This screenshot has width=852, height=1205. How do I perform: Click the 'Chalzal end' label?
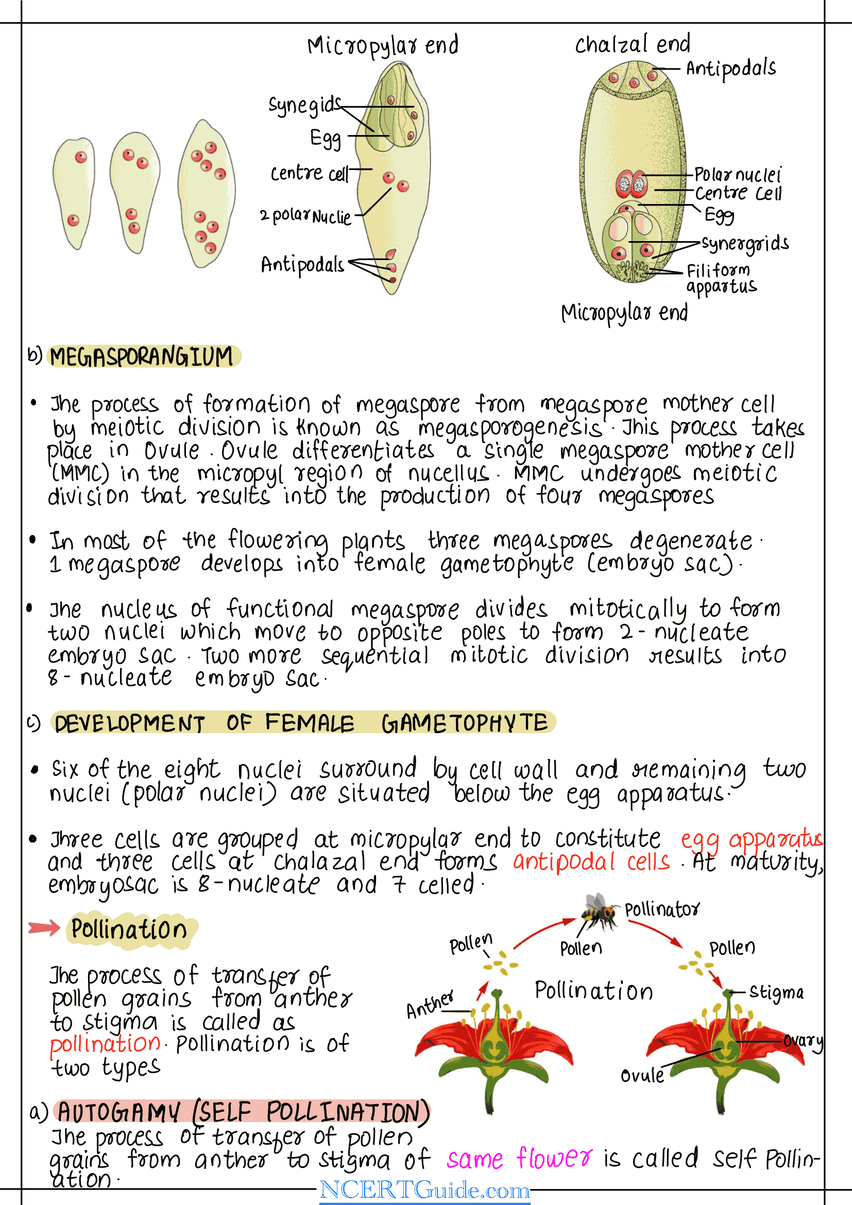pyautogui.click(x=632, y=45)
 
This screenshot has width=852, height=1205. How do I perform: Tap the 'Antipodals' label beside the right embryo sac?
pyautogui.click(x=731, y=69)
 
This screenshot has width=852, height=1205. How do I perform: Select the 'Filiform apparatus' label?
pyautogui.click(x=721, y=279)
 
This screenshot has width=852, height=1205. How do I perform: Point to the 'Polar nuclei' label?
pyautogui.click(x=738, y=174)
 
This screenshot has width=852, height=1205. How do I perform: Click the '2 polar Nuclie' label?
pyautogui.click(x=305, y=216)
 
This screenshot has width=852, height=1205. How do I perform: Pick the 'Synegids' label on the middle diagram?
pyautogui.click(x=304, y=105)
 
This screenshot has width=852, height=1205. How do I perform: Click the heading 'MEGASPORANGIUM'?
pyautogui.click(x=142, y=357)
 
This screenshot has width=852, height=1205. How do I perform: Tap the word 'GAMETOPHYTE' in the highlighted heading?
pyautogui.click(x=464, y=723)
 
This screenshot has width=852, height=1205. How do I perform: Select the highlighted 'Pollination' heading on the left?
pyautogui.click(x=129, y=929)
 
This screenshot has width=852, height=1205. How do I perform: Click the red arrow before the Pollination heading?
pyautogui.click(x=44, y=928)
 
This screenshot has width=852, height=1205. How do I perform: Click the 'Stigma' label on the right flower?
pyautogui.click(x=776, y=992)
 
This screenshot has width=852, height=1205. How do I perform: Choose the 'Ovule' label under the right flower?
pyautogui.click(x=642, y=1075)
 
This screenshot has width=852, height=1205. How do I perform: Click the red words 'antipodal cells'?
pyautogui.click(x=591, y=862)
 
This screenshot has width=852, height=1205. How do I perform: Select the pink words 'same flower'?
pyautogui.click(x=519, y=1158)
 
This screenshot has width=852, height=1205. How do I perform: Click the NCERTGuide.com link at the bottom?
pyautogui.click(x=424, y=1190)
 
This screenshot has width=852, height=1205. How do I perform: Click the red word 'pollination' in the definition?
pyautogui.click(x=105, y=1044)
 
